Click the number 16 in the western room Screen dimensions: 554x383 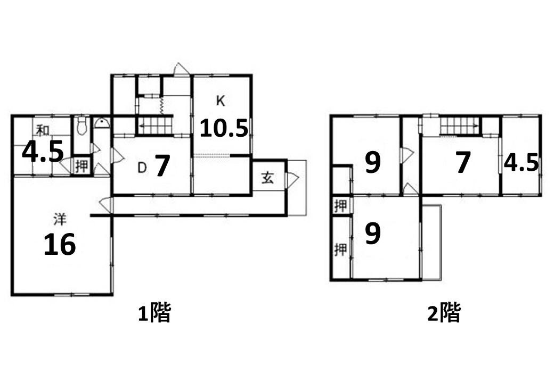tap(60, 244)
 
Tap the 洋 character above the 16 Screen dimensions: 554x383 tap(60, 219)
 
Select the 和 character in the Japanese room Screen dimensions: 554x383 tap(43, 130)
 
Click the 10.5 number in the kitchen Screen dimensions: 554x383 tap(224, 128)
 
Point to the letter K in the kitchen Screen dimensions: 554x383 tap(221, 101)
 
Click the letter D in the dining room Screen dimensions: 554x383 tap(142, 168)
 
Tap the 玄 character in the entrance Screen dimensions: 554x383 tap(267, 178)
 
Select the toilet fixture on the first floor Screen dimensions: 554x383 tap(82, 127)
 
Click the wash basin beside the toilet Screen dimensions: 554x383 tap(102, 123)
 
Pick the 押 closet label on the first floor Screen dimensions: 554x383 tap(82, 166)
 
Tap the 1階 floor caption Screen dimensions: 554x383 tap(154, 313)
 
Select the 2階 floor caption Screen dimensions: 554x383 tap(444, 313)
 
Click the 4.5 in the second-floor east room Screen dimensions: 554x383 tap(521, 163)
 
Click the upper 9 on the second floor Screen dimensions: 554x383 tap(373, 163)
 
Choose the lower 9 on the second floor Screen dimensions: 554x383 tap(373, 233)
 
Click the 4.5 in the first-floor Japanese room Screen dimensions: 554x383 tap(43, 152)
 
